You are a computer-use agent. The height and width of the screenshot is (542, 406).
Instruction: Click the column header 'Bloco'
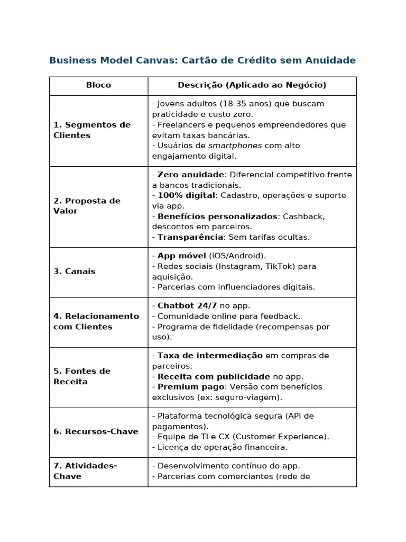98,85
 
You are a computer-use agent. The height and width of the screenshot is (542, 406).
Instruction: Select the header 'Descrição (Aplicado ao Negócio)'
252,85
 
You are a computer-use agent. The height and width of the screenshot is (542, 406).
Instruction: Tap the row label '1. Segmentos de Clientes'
91,130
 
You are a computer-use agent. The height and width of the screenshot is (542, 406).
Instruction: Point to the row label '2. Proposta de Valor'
87,206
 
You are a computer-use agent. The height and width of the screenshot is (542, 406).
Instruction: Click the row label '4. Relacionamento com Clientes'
96,321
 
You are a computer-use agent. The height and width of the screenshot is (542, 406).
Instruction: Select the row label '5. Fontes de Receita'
81,376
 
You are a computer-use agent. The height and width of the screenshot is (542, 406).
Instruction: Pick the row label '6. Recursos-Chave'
96,432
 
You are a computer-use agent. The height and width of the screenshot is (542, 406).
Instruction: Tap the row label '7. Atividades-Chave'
85,471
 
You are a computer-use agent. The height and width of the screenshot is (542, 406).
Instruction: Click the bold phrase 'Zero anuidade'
191,175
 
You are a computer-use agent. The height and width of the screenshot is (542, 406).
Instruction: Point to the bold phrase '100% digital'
186,195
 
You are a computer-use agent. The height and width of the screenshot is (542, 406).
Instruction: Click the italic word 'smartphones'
235,146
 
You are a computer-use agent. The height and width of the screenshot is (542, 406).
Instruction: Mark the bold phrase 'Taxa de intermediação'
210,356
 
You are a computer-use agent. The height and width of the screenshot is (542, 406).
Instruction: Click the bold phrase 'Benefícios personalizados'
217,216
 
